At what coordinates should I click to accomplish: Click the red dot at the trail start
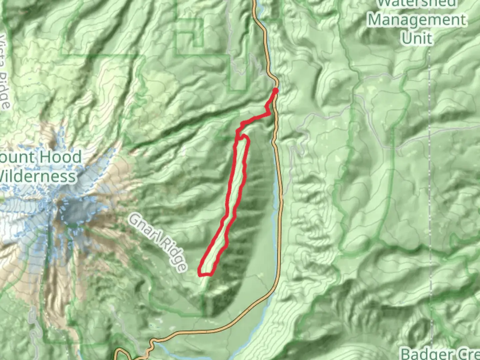tap(276, 90)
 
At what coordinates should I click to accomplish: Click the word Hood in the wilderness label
tap(62, 157)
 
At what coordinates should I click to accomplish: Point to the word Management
tap(417, 20)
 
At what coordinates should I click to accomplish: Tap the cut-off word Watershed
tap(417, 3)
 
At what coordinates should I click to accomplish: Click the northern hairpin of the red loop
tap(245, 136)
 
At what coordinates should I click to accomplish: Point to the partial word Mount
tap(18, 157)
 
